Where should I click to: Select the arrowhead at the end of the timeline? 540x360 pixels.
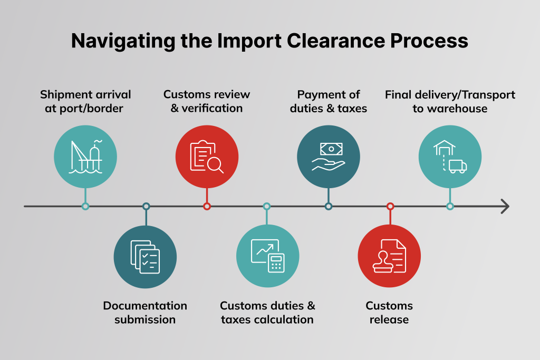pos(505,206)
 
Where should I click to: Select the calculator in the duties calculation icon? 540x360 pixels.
pos(276,262)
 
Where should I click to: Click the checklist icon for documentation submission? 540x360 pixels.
pos(145,257)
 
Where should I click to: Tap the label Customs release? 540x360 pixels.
pos(389,313)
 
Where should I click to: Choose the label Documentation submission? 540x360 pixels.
pos(145,313)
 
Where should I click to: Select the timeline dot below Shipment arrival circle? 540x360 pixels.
pos(85,206)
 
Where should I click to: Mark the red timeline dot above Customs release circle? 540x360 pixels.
pos(390,206)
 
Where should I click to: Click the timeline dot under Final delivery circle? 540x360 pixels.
pos(450,206)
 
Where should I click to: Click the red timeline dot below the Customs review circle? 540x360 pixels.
pos(207,206)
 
